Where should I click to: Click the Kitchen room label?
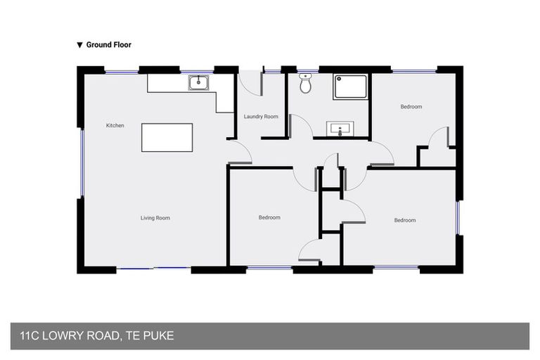coord(115,126)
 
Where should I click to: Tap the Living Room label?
coord(155,218)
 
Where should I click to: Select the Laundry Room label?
coord(261,117)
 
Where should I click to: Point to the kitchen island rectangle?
coord(167,137)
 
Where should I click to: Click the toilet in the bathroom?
coord(305,85)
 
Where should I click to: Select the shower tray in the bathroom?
coord(349,86)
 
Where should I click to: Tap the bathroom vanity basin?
coord(340,129)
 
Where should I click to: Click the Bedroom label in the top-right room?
coord(411,107)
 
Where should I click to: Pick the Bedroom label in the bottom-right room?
coord(404,220)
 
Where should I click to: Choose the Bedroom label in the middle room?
coord(269,218)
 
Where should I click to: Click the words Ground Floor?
coord(108,44)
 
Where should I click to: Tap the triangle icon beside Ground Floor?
coord(79,45)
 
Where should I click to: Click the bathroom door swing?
coord(301,127)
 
